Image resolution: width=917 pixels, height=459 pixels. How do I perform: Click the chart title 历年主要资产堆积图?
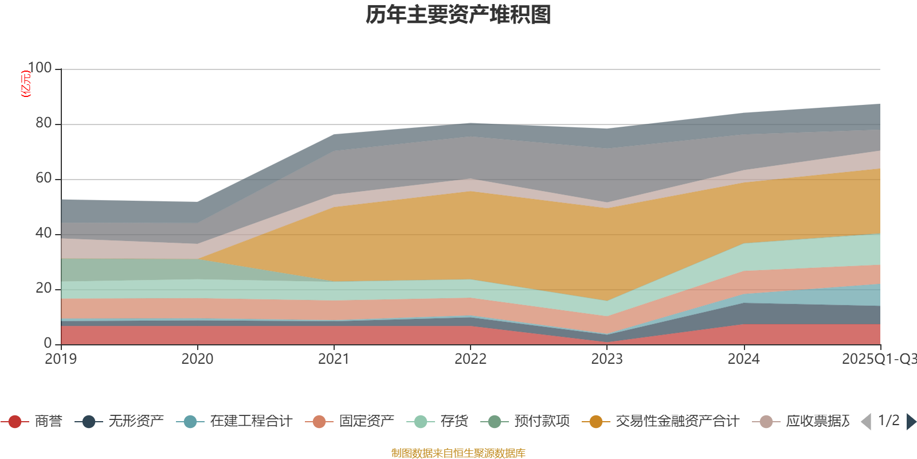click(458, 15)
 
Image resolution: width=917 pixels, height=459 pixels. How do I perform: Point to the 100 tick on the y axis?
click(40, 68)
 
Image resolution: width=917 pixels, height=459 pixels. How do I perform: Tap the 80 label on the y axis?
click(44, 123)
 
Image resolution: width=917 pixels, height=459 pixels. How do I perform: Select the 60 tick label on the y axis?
click(44, 178)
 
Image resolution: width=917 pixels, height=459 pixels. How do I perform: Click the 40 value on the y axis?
click(44, 233)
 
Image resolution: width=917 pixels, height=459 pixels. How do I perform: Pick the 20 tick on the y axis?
click(44, 288)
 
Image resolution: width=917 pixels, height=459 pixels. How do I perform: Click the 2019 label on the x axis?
click(61, 359)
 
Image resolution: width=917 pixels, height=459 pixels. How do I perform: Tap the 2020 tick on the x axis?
click(197, 359)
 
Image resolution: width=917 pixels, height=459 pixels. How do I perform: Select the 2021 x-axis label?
click(334, 359)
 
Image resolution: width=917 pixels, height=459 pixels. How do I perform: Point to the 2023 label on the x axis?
click(607, 359)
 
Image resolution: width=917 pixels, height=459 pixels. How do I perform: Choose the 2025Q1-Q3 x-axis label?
click(878, 359)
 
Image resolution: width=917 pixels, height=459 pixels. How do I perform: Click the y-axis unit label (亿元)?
click(26, 84)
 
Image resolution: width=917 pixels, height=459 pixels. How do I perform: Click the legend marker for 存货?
click(421, 422)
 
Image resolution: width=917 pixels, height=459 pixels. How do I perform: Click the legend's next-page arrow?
click(911, 422)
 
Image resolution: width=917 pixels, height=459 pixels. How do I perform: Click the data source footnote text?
click(458, 453)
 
